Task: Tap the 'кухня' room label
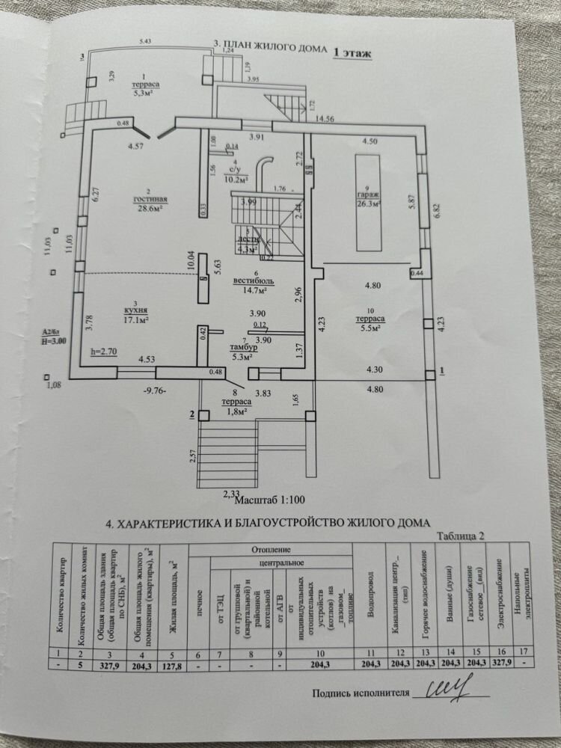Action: click(136, 309)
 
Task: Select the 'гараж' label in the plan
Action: click(369, 194)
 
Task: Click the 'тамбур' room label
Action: click(244, 348)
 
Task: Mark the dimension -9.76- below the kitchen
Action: click(154, 390)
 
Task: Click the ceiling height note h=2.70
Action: click(104, 351)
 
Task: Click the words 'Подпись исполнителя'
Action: click(361, 693)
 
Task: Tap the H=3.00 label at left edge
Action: click(53, 340)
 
